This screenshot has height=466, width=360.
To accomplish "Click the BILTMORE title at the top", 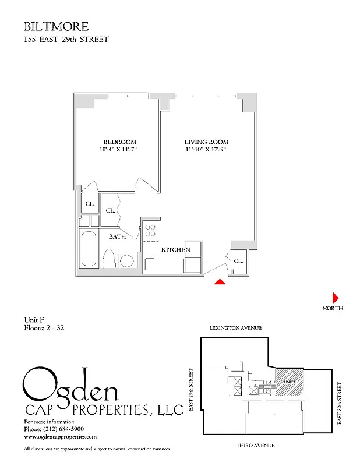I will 56,26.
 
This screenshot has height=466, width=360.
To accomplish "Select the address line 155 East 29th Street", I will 66,40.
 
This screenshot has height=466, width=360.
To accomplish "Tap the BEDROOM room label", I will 119,142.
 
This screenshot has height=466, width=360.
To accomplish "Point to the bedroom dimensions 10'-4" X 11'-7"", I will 119,150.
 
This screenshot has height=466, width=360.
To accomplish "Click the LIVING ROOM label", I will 206,142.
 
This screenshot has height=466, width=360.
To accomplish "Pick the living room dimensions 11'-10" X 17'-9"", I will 206,150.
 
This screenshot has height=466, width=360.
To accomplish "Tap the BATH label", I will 118,236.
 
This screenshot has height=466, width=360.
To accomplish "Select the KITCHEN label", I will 176,249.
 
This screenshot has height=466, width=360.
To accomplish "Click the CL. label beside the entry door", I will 238,261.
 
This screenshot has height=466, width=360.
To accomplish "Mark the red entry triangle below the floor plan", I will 220,282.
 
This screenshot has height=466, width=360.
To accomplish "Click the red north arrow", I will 335,296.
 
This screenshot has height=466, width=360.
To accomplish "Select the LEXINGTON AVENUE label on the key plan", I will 235,329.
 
